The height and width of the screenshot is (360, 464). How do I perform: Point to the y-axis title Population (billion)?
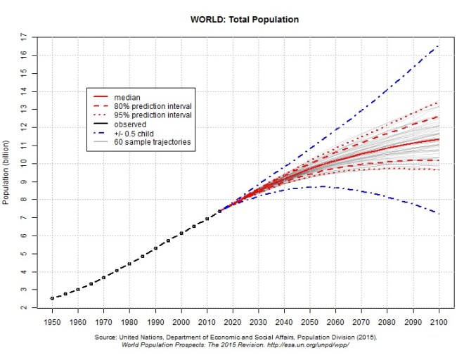point(6,172)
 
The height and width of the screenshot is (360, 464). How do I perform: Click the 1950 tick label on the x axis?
point(51,321)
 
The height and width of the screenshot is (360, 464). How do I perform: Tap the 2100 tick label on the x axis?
point(440,321)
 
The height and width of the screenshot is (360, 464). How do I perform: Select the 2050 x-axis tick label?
point(311,321)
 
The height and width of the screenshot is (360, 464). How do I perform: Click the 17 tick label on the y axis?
point(24,37)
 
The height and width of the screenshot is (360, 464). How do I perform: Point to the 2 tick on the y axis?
point(24,308)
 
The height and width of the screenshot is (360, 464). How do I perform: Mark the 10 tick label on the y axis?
point(24,163)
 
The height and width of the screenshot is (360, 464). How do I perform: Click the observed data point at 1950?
point(51,298)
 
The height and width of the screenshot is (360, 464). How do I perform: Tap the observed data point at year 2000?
point(181,233)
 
